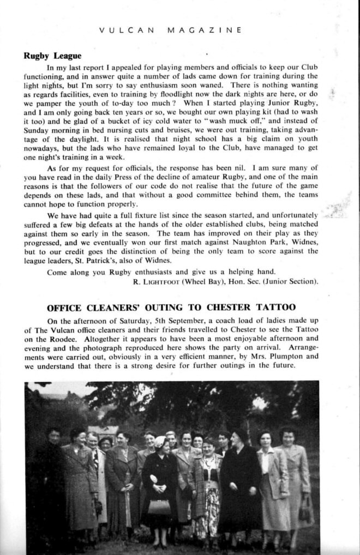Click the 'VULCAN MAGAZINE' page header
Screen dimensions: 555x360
point(170,31)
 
